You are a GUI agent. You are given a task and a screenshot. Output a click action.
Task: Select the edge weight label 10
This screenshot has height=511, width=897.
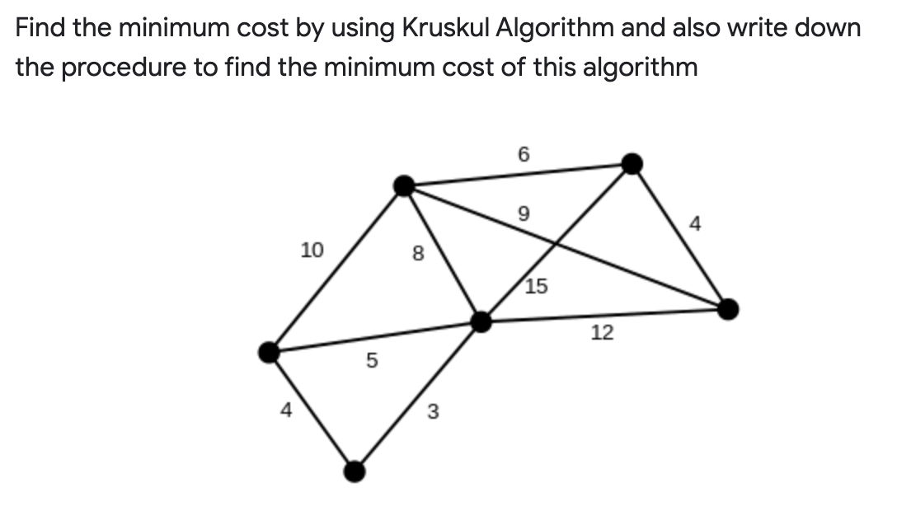pyautogui.click(x=312, y=249)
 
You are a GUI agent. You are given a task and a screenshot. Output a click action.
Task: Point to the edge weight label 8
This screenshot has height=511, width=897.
pyautogui.click(x=416, y=255)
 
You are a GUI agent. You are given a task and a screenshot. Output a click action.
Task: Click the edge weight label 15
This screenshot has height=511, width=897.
pyautogui.click(x=536, y=287)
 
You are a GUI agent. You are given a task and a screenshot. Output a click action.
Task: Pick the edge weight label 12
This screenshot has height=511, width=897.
pyautogui.click(x=603, y=332)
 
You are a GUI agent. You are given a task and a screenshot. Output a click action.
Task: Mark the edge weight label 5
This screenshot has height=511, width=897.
pyautogui.click(x=372, y=360)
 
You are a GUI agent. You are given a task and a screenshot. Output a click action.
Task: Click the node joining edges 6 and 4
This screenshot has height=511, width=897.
pyautogui.click(x=631, y=163)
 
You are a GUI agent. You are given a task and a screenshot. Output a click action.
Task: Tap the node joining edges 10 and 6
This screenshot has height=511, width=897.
pyautogui.click(x=404, y=186)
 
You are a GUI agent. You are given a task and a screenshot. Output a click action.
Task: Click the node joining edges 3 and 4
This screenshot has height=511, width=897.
pyautogui.click(x=355, y=471)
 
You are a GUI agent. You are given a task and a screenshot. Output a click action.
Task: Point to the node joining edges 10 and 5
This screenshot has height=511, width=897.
pyautogui.click(x=269, y=353)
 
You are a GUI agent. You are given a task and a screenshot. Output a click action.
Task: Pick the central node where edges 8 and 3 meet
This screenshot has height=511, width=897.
pyautogui.click(x=481, y=321)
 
